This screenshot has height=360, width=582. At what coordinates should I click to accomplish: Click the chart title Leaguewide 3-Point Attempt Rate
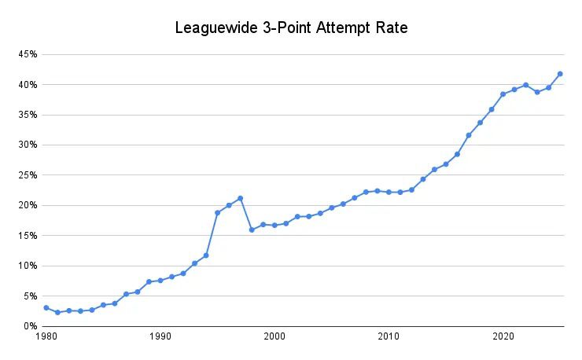[291, 29]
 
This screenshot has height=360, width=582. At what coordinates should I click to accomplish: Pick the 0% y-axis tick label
[31, 326]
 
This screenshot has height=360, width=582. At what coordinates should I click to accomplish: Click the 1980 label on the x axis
[46, 336]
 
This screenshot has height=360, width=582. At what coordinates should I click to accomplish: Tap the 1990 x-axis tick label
[160, 336]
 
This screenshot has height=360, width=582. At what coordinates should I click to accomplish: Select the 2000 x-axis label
[274, 336]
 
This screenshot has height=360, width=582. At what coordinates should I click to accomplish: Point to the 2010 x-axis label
[389, 336]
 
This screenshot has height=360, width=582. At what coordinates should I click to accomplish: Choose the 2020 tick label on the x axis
[503, 336]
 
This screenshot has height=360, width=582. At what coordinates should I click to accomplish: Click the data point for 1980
[46, 307]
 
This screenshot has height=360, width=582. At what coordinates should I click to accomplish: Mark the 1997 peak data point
[240, 198]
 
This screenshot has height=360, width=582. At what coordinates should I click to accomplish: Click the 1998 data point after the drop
[252, 230]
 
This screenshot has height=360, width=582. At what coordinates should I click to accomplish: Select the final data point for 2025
[560, 74]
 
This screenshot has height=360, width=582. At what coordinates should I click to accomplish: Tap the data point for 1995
[217, 212]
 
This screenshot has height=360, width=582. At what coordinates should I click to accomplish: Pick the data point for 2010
[389, 192]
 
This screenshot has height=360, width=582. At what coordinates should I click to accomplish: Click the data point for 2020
[503, 94]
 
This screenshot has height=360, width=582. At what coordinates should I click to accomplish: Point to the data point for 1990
[160, 280]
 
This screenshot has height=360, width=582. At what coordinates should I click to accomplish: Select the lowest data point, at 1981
[57, 312]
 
